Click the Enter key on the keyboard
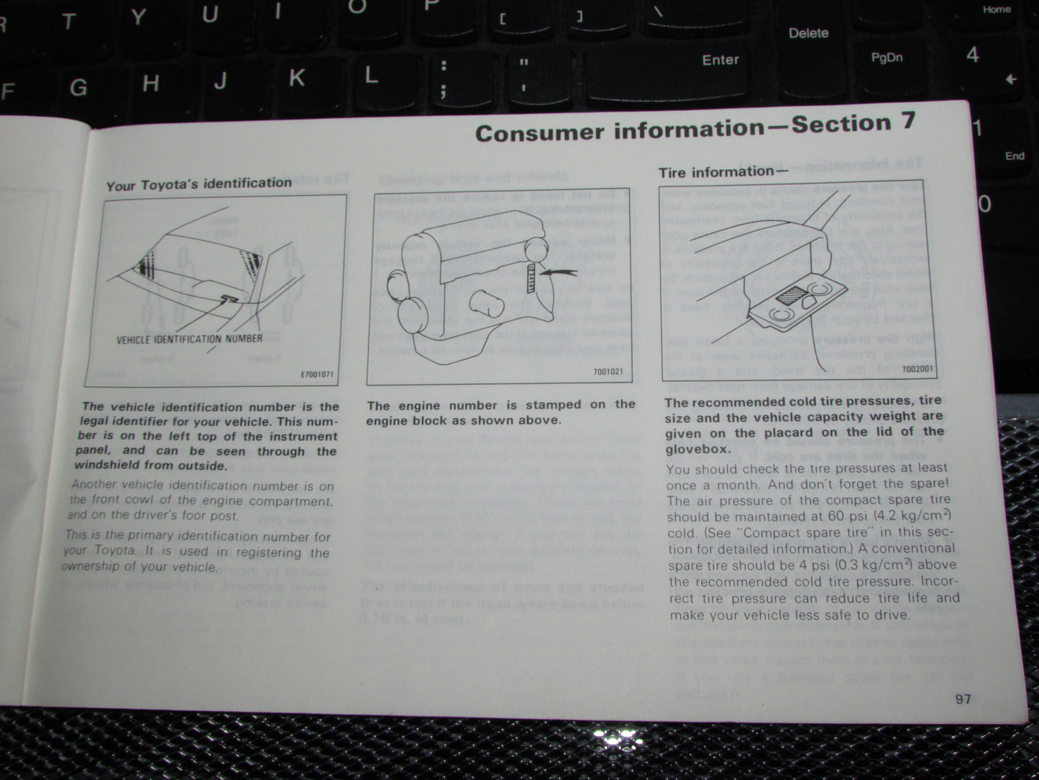coord(720,60)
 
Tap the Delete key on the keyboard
coord(808,33)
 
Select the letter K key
coord(296,78)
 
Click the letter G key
coord(78,88)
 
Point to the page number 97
coord(963,699)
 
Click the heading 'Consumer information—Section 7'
coord(695,128)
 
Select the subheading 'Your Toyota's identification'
coord(199,184)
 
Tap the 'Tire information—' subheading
coord(723,172)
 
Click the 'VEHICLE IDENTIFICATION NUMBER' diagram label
coord(189,338)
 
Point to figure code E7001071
coord(316,375)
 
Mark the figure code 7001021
coord(608,372)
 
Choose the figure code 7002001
coord(917,369)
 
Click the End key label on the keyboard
coord(1015,156)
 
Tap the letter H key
coord(150,83)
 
